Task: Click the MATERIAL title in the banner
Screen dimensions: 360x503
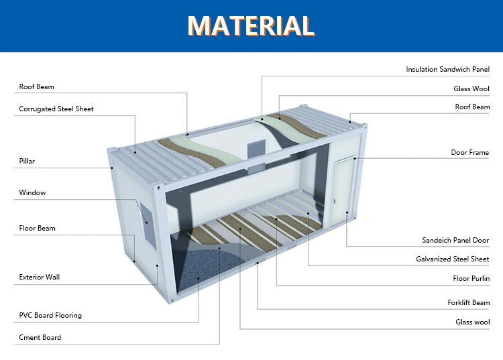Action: [x=251, y=25]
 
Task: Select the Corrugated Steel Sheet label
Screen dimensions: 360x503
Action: [x=56, y=109]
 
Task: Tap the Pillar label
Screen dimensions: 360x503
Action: [x=27, y=161]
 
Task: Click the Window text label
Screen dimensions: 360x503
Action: [x=32, y=193]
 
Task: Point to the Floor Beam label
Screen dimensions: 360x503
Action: [x=37, y=229]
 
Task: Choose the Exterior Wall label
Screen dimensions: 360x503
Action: [x=40, y=277]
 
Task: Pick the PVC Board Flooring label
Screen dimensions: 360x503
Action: [x=50, y=315]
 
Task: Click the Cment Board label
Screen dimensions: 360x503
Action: [x=40, y=337]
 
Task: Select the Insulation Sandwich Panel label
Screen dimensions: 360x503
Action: [x=447, y=69]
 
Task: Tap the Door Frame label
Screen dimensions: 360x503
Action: [x=469, y=152]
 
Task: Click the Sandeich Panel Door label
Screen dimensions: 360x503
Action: [x=455, y=240]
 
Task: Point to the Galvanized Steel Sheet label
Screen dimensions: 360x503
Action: [x=453, y=259]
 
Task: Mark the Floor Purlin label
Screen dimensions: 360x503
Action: [x=471, y=278]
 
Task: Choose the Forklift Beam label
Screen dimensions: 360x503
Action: [x=468, y=302]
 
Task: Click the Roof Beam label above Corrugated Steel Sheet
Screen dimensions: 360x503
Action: [x=36, y=86]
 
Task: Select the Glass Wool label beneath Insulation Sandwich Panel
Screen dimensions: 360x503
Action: [x=471, y=88]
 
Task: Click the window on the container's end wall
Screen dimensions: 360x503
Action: [x=146, y=221]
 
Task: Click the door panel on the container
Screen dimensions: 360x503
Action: [x=343, y=191]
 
